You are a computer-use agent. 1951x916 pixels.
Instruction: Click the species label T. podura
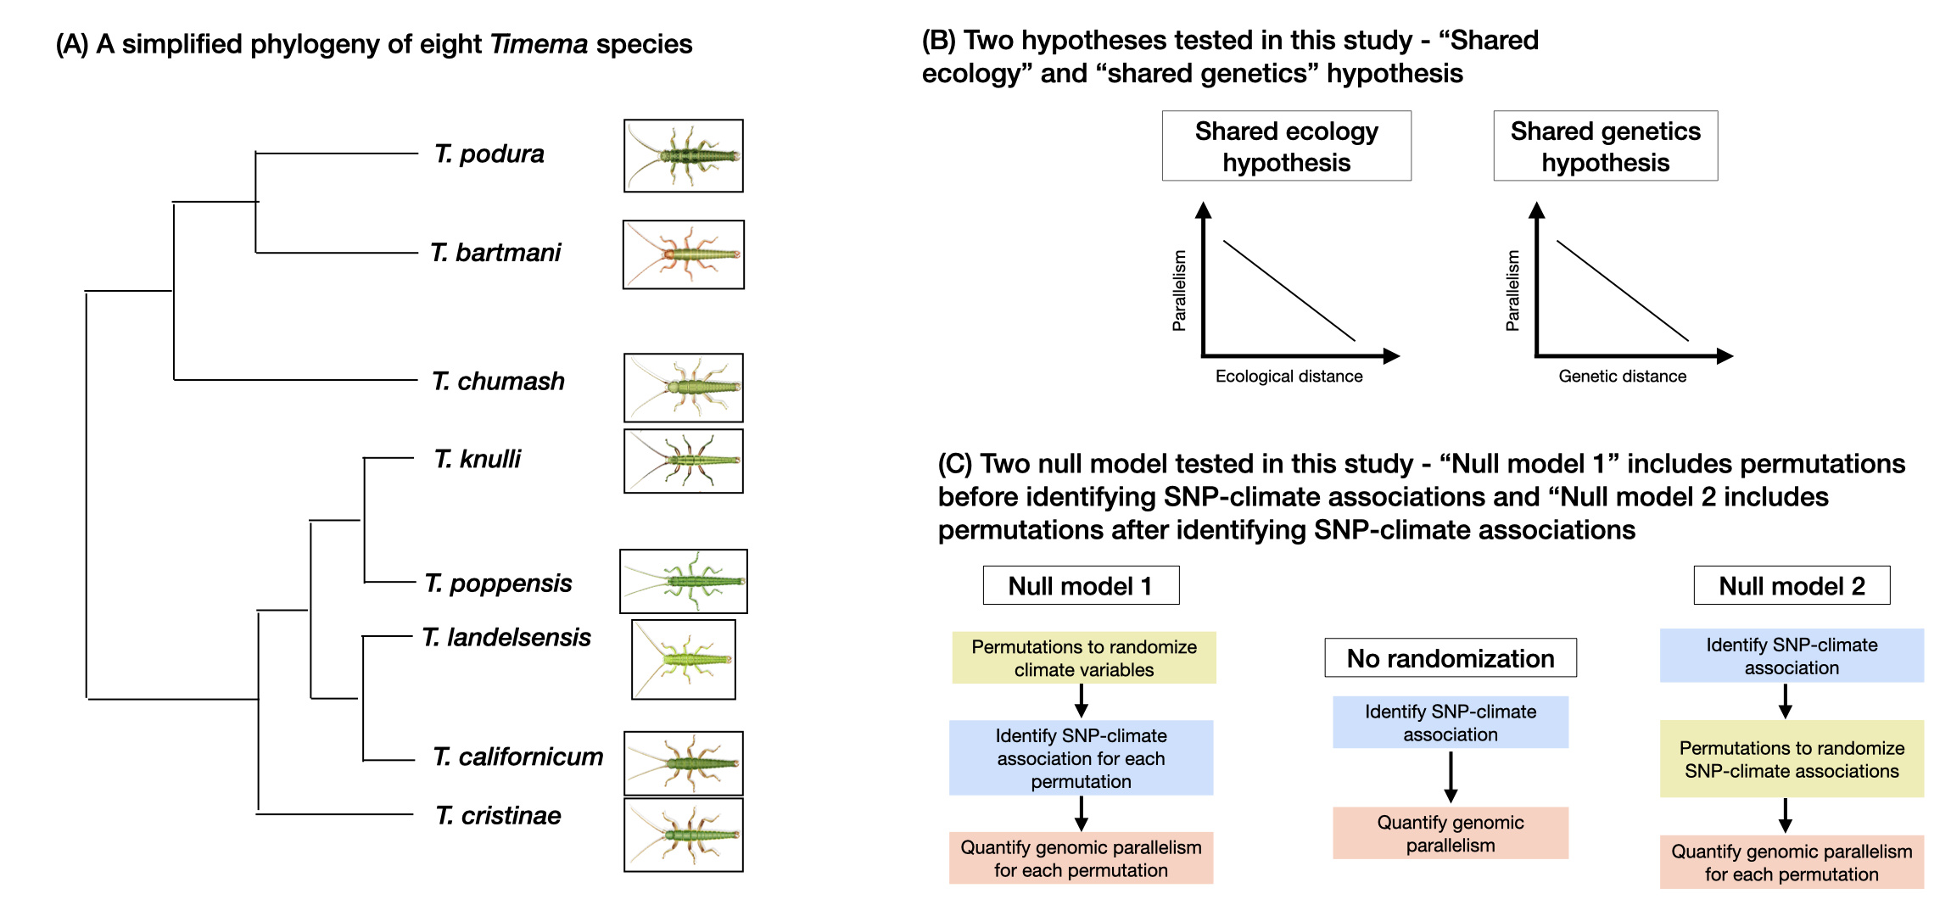point(489,154)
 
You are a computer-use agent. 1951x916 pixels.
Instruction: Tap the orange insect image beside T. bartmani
point(684,254)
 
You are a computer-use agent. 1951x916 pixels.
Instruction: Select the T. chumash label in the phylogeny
point(498,382)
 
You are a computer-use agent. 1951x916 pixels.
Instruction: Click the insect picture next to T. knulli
point(684,461)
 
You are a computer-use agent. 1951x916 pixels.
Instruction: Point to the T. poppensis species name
point(499,584)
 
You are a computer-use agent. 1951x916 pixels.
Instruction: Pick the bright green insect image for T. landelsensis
point(684,659)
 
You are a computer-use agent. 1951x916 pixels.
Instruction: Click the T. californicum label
point(518,757)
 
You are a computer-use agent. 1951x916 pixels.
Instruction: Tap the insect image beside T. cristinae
point(684,835)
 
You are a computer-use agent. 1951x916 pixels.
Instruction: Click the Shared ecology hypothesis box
point(1286,146)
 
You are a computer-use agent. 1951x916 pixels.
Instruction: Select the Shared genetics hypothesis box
point(1605,146)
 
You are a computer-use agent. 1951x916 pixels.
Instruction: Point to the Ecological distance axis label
point(1289,377)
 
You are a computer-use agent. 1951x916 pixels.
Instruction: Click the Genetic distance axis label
point(1622,377)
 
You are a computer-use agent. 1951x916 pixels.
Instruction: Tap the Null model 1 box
point(1080,585)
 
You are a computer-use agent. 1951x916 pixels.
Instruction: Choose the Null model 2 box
point(1792,585)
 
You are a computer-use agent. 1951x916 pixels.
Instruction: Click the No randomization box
point(1450,658)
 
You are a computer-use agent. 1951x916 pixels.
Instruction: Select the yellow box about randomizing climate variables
point(1083,658)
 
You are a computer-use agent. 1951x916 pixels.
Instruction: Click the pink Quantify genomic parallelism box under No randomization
point(1450,834)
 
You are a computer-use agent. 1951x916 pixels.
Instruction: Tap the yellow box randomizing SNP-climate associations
point(1792,759)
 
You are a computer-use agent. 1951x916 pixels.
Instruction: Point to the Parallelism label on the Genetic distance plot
point(1512,290)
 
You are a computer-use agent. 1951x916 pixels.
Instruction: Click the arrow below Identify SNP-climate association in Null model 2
point(1785,701)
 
